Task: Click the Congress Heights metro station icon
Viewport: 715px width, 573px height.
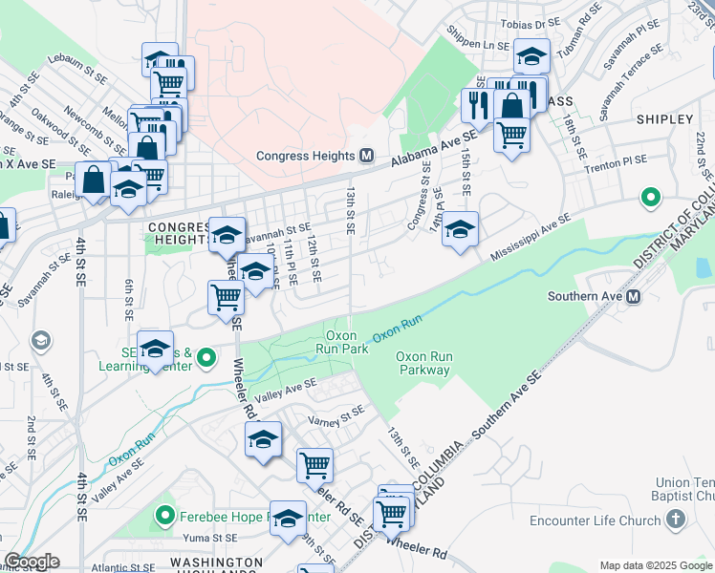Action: click(x=366, y=156)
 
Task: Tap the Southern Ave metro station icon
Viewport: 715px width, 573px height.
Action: click(x=634, y=296)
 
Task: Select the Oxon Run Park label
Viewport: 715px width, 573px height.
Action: click(x=342, y=342)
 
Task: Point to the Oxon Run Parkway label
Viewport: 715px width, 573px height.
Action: click(x=423, y=363)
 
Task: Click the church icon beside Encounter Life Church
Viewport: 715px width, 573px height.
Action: click(x=676, y=520)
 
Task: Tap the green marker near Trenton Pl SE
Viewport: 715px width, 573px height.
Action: click(x=651, y=198)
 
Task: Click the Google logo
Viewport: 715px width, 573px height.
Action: click(x=32, y=562)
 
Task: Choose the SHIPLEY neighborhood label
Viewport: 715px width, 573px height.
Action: click(x=664, y=119)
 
